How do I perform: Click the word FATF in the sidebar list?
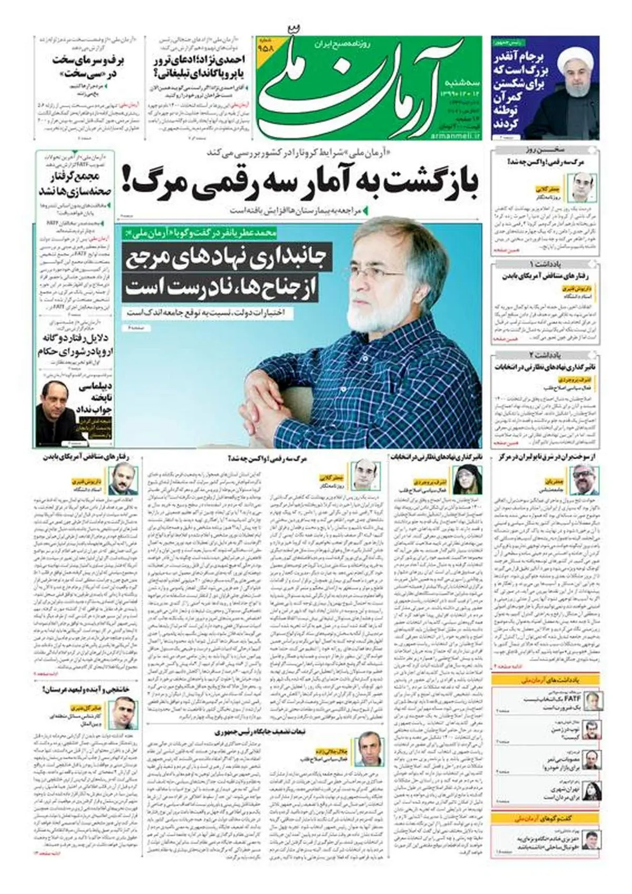coord(567,699)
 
